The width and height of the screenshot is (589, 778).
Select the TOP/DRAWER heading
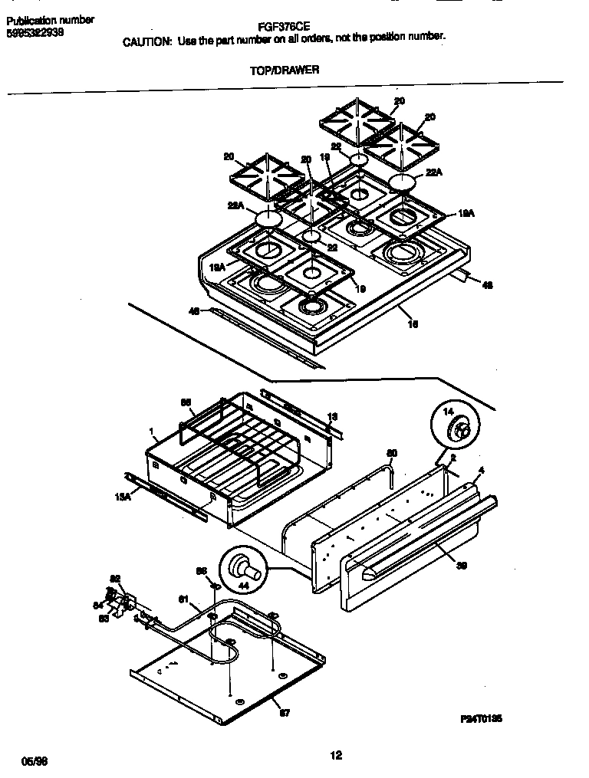(285, 70)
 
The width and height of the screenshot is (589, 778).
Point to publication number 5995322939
(35, 33)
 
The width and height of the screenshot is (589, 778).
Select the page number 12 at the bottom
(335, 756)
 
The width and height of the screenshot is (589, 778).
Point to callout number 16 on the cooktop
(413, 324)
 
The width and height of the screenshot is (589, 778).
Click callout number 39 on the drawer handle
(461, 566)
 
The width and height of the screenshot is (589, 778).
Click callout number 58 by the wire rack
(185, 402)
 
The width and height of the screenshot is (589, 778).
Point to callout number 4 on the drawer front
(481, 469)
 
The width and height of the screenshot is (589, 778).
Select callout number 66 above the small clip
(202, 570)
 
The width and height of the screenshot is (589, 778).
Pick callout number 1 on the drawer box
(152, 431)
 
